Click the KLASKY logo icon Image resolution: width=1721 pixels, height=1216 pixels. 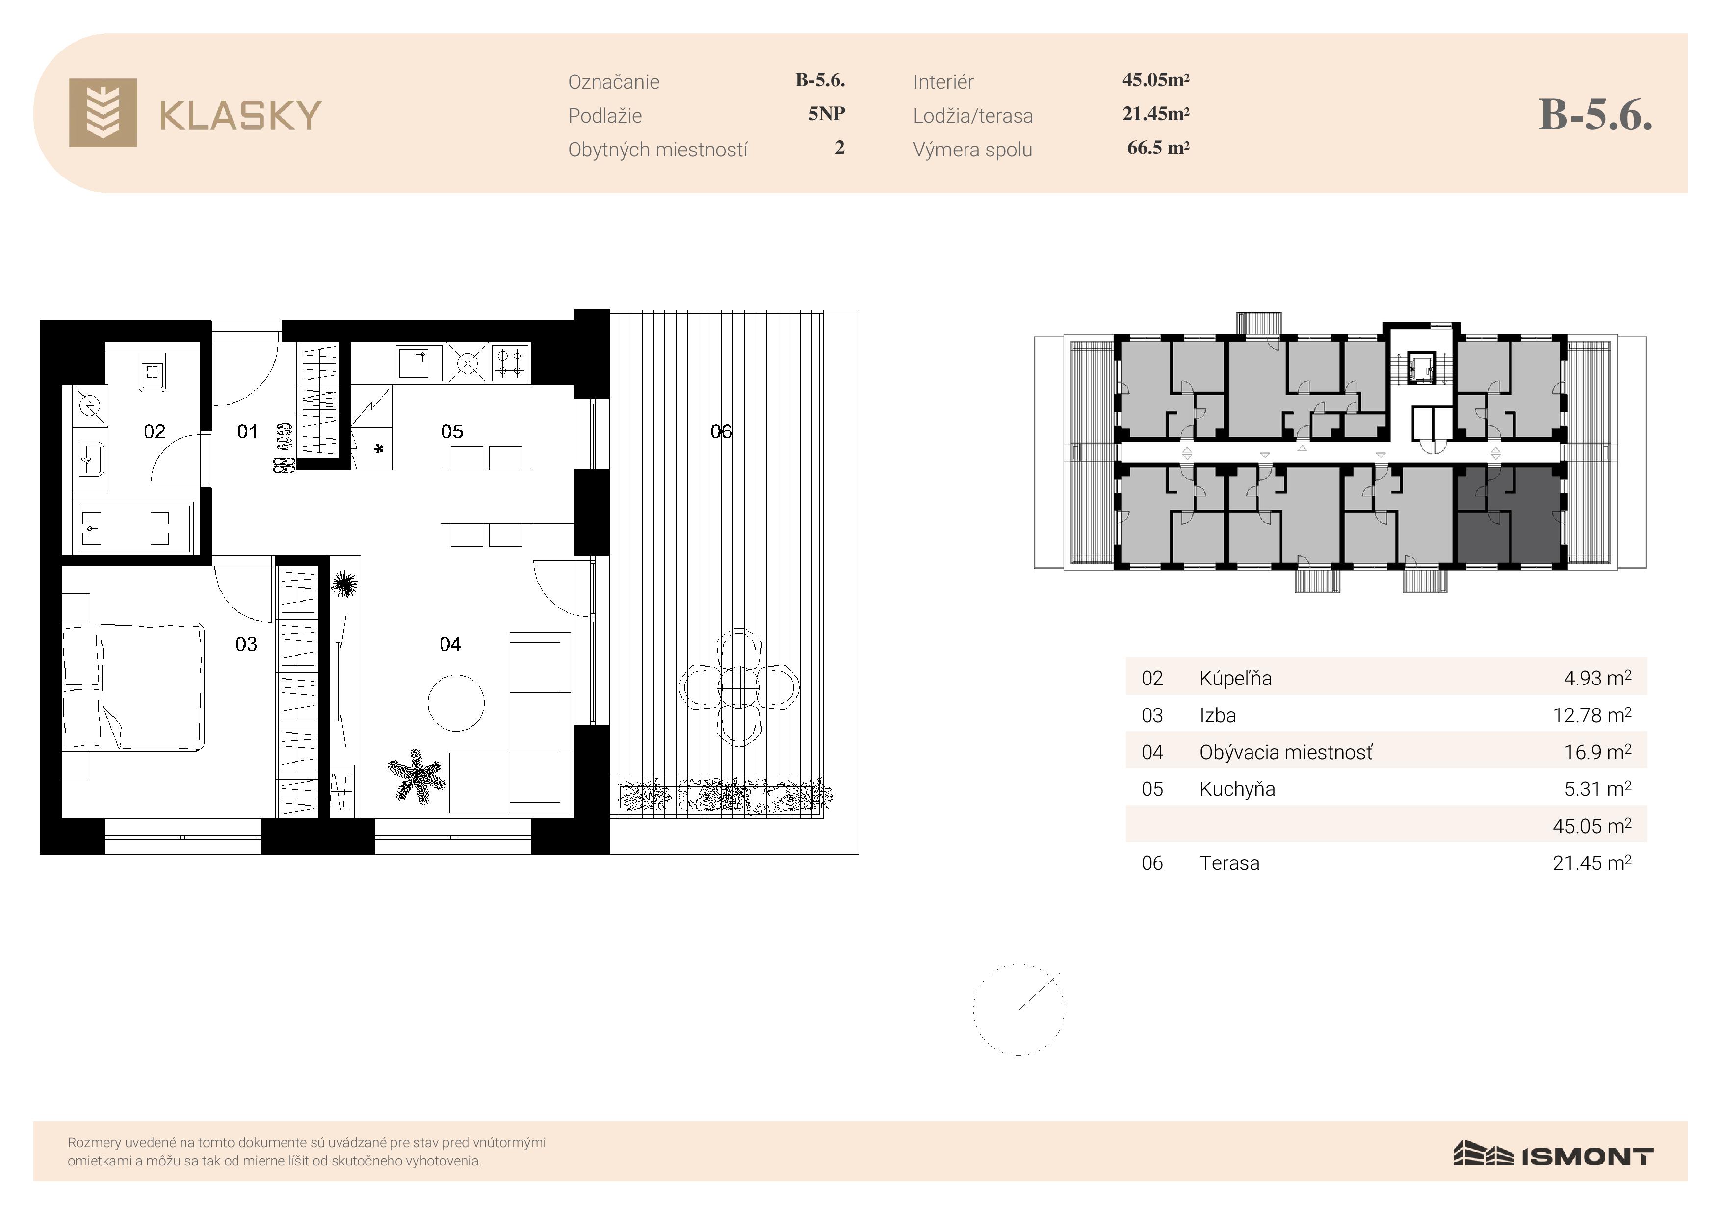tap(103, 112)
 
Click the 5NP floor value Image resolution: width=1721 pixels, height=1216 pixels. tap(827, 114)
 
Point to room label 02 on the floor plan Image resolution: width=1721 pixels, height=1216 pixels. tap(155, 431)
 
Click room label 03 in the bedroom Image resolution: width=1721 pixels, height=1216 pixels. tap(246, 644)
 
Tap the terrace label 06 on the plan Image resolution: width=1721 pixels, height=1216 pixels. tap(721, 431)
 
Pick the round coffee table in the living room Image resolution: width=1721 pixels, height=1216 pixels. tap(456, 703)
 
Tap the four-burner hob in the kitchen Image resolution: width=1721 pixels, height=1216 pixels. tap(510, 363)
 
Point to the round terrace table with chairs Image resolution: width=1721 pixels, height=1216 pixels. tap(739, 687)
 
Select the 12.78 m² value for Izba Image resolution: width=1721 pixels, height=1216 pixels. tap(1592, 715)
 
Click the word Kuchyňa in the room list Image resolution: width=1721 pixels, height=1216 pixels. tap(1237, 789)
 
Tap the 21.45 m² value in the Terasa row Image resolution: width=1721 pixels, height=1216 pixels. tap(1592, 862)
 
